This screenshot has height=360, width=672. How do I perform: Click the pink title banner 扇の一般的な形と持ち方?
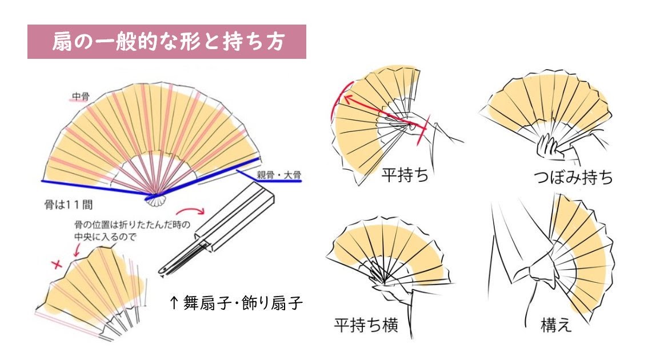(166, 42)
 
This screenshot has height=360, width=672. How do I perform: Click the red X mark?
(56, 264)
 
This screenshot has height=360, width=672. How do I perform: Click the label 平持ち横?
(366, 325)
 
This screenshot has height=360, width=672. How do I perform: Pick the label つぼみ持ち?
(573, 178)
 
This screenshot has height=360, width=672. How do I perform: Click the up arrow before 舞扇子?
(175, 303)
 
